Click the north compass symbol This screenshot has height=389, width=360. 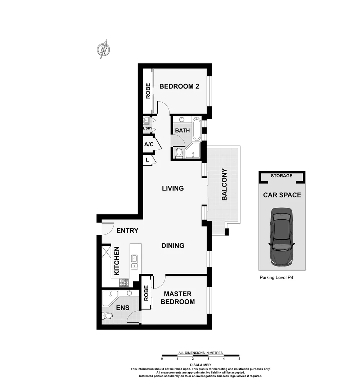pyautogui.click(x=104, y=49)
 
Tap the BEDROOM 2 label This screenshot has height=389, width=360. pyautogui.click(x=179, y=86)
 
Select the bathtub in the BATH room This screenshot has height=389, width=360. pyautogui.click(x=197, y=129)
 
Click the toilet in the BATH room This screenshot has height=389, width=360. pyautogui.click(x=179, y=153)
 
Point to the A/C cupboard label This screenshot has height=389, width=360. pyautogui.click(x=149, y=144)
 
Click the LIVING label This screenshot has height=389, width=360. pyautogui.click(x=173, y=188)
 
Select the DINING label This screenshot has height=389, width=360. pyautogui.click(x=173, y=246)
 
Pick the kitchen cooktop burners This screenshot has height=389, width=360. pyautogui.click(x=124, y=283)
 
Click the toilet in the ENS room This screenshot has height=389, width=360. pyautogui.click(x=107, y=316)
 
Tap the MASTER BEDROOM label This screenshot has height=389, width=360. pyautogui.click(x=177, y=298)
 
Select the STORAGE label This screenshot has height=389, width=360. pyautogui.click(x=282, y=176)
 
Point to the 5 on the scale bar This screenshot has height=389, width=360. pyautogui.click(x=239, y=359)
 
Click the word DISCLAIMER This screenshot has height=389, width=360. pyautogui.click(x=201, y=365)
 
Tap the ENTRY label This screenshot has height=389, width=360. pyautogui.click(x=127, y=231)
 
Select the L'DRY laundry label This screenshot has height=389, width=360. pyautogui.click(x=148, y=129)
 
